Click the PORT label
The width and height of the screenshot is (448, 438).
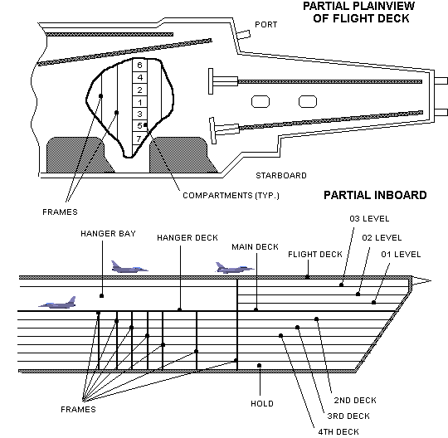(267, 25)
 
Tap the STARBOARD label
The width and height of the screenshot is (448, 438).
(281, 175)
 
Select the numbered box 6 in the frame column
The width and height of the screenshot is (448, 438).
(139, 65)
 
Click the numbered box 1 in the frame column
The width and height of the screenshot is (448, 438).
(139, 101)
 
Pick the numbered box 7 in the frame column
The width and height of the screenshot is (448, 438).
(139, 138)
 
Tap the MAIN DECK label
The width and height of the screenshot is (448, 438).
(256, 247)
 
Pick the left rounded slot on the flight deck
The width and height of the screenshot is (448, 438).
(261, 101)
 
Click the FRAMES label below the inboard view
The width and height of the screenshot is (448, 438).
(79, 410)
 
